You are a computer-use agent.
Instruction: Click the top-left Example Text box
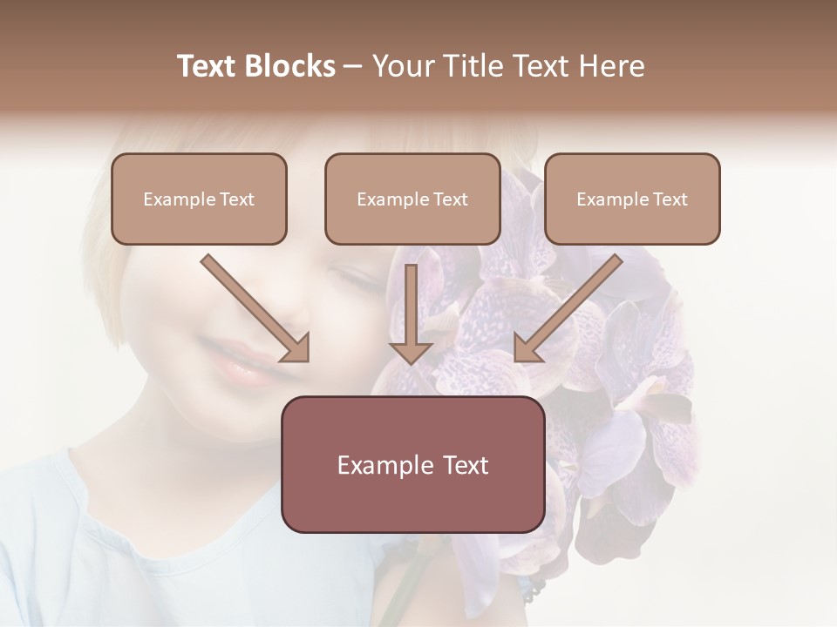199,199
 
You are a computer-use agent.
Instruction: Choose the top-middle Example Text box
412,199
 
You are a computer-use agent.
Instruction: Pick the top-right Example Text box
632,199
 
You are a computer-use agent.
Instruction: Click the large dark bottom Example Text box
412,464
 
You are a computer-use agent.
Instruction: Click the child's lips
238,365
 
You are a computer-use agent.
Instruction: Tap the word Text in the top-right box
670,199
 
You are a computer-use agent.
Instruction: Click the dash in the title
353,66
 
